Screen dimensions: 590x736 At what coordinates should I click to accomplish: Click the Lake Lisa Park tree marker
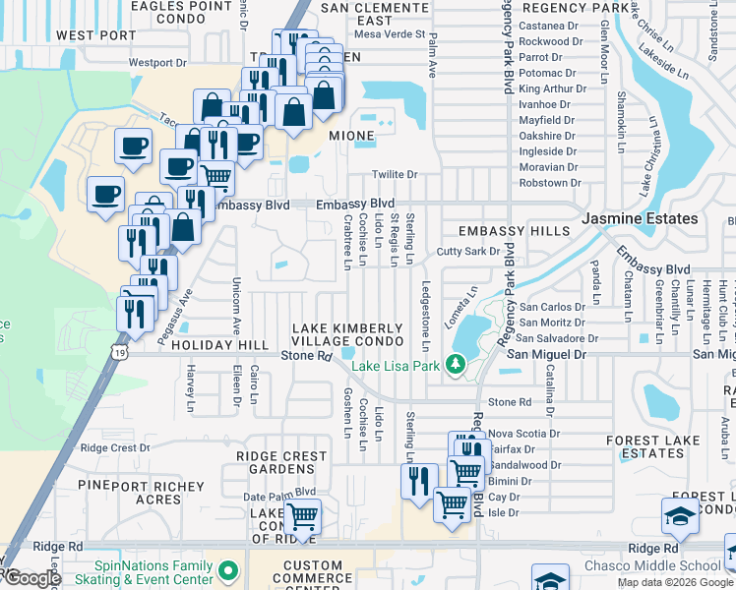coord(455,365)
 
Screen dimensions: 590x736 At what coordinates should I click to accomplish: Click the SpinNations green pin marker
coord(229,570)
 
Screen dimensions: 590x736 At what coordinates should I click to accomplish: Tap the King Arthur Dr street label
coord(552,88)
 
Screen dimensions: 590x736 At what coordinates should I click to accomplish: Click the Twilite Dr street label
coord(395,175)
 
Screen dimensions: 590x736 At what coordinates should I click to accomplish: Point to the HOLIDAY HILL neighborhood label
coord(219,346)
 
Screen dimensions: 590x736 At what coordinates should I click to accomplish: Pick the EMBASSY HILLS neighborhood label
coord(514,231)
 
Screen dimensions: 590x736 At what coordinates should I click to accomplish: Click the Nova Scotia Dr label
coord(524,433)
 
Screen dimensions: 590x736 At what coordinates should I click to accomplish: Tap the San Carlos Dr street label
coord(552,307)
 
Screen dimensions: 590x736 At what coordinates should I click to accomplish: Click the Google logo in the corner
coord(32,578)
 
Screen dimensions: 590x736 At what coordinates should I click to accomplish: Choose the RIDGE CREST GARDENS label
coord(281,463)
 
